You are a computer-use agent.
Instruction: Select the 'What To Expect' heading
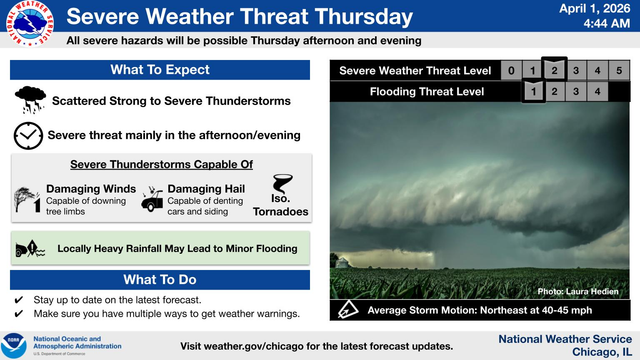point(160,70)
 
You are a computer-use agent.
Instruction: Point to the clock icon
point(28,135)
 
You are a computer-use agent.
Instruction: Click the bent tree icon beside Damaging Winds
point(28,198)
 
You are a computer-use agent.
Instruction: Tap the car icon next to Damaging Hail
point(153,199)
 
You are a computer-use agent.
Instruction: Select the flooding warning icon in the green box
point(29,246)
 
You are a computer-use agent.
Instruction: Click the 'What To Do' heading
point(160,279)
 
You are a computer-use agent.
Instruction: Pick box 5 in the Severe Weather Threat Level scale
point(620,71)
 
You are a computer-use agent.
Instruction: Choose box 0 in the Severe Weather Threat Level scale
point(510,71)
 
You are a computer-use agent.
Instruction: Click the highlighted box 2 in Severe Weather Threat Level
point(554,71)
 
